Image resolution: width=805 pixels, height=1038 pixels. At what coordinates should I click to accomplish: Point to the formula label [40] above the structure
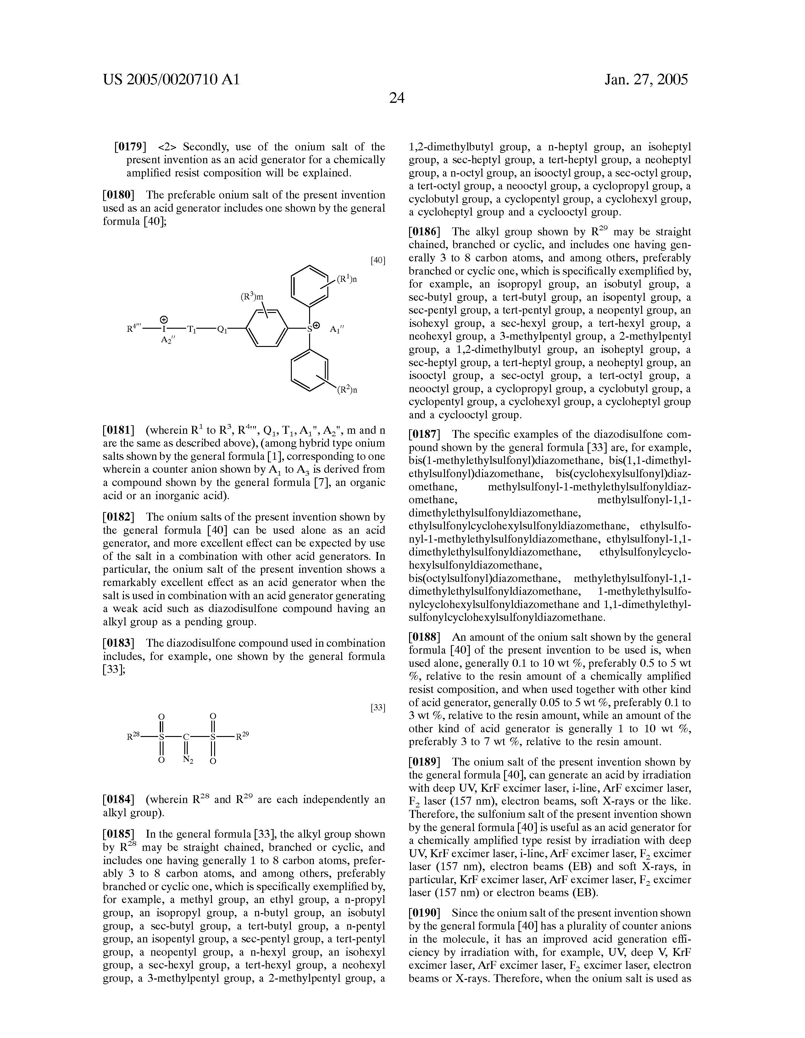coord(378,260)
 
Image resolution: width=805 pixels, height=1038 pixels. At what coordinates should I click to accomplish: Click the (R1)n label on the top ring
coord(347,279)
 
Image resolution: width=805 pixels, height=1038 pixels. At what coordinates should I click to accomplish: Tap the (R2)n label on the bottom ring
coord(347,390)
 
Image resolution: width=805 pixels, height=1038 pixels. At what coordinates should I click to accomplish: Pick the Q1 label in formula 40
coord(222,329)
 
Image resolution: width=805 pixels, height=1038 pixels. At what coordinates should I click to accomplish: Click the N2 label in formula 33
coord(188,760)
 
